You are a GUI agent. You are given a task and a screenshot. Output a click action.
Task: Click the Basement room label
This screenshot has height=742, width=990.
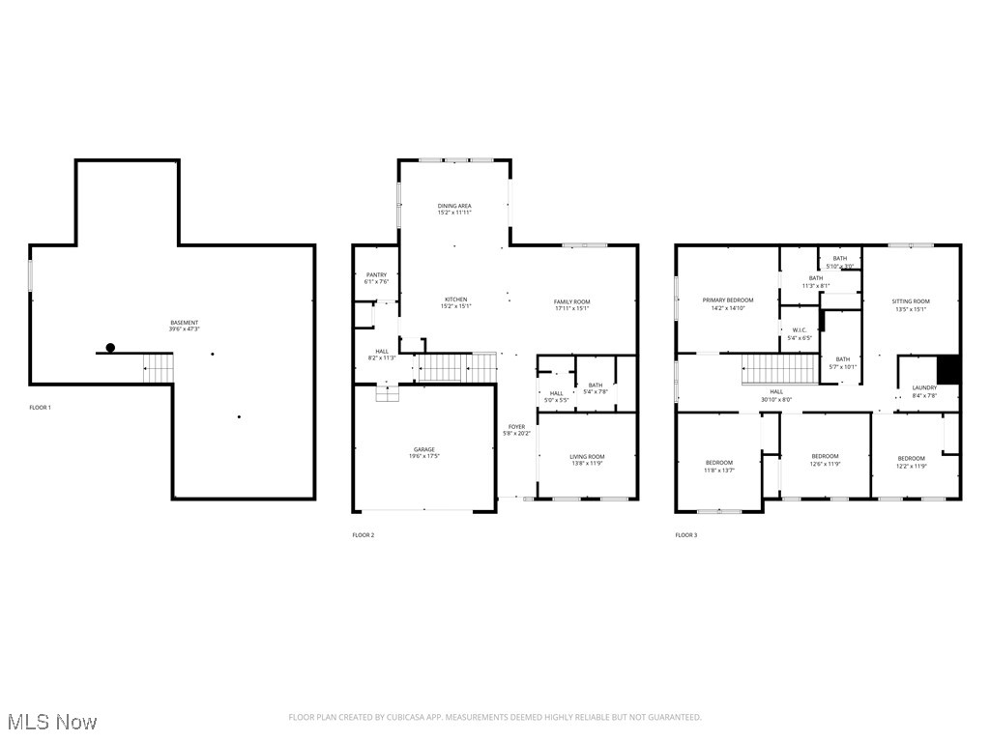(x=185, y=323)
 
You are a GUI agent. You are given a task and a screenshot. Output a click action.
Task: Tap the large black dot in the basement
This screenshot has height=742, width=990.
(x=110, y=348)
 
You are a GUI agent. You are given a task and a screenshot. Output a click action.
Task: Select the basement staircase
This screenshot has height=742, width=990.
(x=159, y=367)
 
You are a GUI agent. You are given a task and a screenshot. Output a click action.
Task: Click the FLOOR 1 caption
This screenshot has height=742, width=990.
(x=40, y=408)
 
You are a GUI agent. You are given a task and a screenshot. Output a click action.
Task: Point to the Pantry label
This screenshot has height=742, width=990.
(x=376, y=275)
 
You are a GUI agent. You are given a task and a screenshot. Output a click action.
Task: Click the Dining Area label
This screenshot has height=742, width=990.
(x=454, y=206)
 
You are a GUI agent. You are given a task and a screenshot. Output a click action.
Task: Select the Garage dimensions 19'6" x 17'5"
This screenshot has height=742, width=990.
(x=424, y=456)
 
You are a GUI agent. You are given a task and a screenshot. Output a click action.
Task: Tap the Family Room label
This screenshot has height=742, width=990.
(x=571, y=302)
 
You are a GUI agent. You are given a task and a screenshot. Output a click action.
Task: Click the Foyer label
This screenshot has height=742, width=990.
(x=517, y=426)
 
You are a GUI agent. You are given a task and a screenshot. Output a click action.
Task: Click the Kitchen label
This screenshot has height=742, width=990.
(x=455, y=300)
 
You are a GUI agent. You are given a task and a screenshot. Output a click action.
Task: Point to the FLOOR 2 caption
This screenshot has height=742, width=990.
(x=363, y=535)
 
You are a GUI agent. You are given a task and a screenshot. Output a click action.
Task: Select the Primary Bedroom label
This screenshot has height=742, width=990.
(x=727, y=300)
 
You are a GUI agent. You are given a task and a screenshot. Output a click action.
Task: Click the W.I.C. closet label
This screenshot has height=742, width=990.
(x=799, y=331)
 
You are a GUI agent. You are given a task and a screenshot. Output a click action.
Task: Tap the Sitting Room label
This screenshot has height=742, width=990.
(x=910, y=301)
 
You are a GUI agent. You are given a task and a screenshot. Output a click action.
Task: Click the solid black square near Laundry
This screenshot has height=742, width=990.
(x=948, y=370)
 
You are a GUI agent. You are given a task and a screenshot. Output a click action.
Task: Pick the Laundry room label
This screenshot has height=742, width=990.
(x=924, y=388)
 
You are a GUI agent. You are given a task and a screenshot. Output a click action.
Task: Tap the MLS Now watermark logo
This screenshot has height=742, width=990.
(x=52, y=722)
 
